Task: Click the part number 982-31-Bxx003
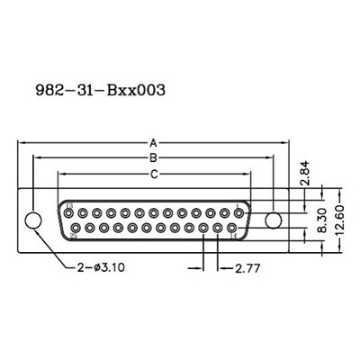[x=100, y=90]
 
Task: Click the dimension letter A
[x=154, y=143]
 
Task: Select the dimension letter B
[x=154, y=158]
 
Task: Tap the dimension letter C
[x=154, y=173]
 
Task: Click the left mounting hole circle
[x=33, y=220]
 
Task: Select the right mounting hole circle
[x=275, y=220]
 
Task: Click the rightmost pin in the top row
[x=238, y=213]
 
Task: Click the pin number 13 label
[x=68, y=205]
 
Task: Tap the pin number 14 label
[x=237, y=237]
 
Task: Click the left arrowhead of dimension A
[x=22, y=143]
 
